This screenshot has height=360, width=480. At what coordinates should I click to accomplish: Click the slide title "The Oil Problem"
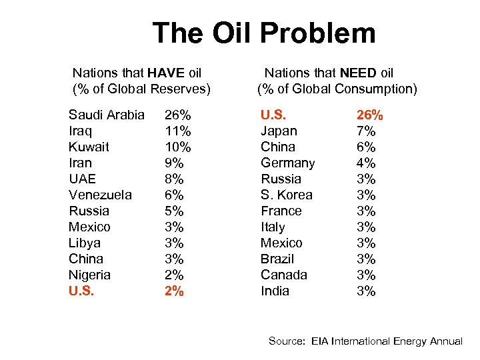coord(263,33)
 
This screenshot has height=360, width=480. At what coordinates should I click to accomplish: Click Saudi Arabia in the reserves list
coord(106,115)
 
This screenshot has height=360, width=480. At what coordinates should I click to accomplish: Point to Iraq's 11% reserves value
coord(177,131)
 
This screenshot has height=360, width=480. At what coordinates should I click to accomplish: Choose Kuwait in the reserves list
coord(89,147)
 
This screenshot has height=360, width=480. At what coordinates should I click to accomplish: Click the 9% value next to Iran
coord(173,163)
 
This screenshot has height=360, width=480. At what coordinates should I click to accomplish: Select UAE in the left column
coord(82,179)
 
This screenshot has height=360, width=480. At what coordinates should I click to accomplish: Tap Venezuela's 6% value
coord(173,195)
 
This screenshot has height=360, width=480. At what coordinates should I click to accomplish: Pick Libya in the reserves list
coord(84,243)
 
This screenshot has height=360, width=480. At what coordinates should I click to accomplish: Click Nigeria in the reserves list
coord(89,275)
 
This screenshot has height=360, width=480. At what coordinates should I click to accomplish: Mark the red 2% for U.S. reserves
coord(174,291)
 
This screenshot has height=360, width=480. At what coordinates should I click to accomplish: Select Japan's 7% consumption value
coord(366,131)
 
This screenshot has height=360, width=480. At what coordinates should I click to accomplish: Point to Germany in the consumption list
coord(287,163)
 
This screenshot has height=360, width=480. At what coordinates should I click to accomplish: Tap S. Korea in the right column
coord(286,195)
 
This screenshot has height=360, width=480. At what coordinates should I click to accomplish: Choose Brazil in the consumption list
coord(277,259)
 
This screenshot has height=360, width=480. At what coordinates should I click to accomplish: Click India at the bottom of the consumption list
coord(275,291)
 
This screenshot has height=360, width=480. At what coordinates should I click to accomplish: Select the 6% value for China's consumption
coord(366,147)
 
